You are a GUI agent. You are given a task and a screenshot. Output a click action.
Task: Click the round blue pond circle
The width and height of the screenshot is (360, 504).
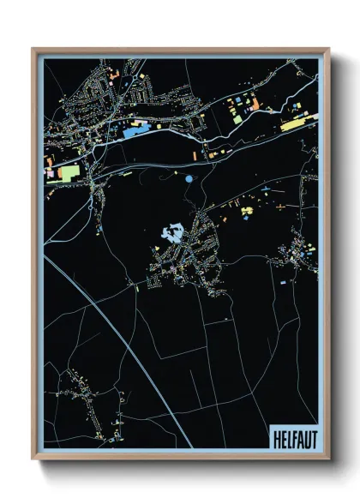pos(188,178)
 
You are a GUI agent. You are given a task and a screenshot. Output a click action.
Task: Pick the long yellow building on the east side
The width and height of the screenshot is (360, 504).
pos(293,125)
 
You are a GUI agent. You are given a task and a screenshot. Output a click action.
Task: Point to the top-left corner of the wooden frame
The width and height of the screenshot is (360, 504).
pos(33,49)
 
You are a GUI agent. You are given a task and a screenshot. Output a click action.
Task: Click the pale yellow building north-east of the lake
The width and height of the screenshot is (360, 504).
pos(248,210)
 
